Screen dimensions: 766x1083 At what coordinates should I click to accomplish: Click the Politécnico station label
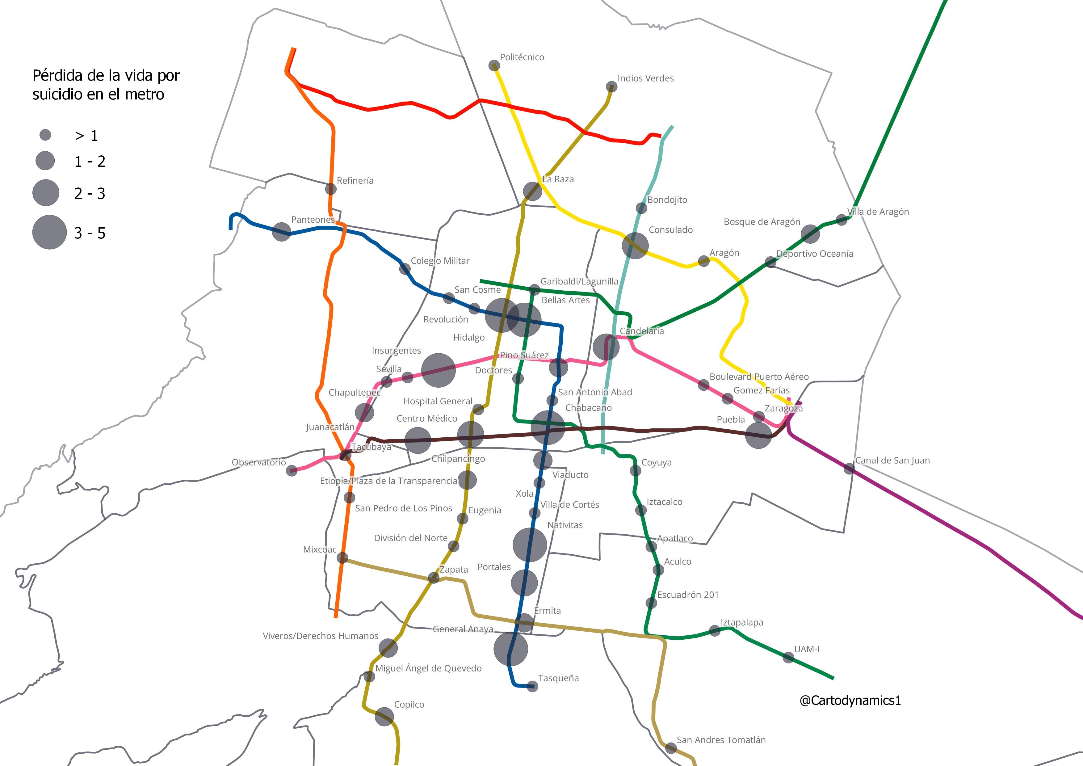click(522, 57)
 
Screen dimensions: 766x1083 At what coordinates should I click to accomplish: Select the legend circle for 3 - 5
click(49, 232)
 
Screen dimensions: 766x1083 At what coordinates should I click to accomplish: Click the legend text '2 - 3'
click(90, 193)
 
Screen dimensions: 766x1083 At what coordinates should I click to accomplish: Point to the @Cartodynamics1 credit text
click(850, 701)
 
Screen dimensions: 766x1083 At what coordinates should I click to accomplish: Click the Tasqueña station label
click(558, 678)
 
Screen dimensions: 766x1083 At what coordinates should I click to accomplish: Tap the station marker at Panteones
click(282, 232)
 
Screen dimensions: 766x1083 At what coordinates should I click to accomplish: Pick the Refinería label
click(355, 181)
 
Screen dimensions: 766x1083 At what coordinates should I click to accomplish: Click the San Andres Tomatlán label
click(721, 740)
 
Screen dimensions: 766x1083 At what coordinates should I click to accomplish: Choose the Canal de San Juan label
click(892, 460)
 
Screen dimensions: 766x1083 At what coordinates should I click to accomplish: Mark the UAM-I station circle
click(788, 657)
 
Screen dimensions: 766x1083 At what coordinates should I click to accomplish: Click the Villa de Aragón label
click(878, 212)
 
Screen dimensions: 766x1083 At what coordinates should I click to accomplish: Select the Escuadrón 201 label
click(688, 595)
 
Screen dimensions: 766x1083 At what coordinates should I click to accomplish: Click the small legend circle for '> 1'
click(45, 135)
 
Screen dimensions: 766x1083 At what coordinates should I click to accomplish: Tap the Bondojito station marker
click(641, 208)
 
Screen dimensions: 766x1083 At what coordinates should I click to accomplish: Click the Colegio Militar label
click(440, 261)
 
